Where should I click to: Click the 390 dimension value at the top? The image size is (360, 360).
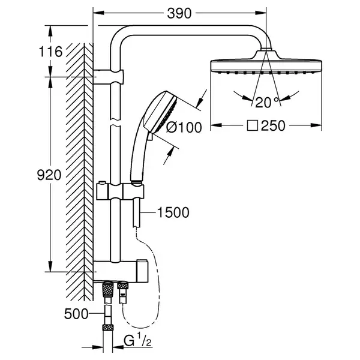pos(179,13)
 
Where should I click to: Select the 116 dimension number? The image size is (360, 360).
pos(51,52)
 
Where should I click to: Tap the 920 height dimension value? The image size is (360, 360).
pos(49,175)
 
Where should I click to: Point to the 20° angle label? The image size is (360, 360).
pos(267,103)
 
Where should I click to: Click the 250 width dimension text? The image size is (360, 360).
pos(273,126)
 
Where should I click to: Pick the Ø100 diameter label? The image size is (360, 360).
pos(184,127)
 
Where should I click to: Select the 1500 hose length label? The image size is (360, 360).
pos(173,212)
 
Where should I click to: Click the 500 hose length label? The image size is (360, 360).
pos(76,314)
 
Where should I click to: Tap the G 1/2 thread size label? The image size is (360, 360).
pos(138,341)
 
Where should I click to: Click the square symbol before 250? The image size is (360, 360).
pos(253,126)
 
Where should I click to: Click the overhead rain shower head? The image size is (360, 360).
pos(266,62)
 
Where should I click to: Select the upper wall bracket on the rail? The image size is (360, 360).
pos(109,76)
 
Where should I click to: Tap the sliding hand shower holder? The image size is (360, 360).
pos(121,191)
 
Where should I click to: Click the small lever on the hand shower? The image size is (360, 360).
pos(151,136)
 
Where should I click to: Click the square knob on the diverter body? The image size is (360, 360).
pos(142,271)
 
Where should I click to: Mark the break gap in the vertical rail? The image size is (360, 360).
pos(115,122)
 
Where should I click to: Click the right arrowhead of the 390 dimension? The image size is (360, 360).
pos(261,13)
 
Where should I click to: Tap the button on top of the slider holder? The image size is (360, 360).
pos(102,183)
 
